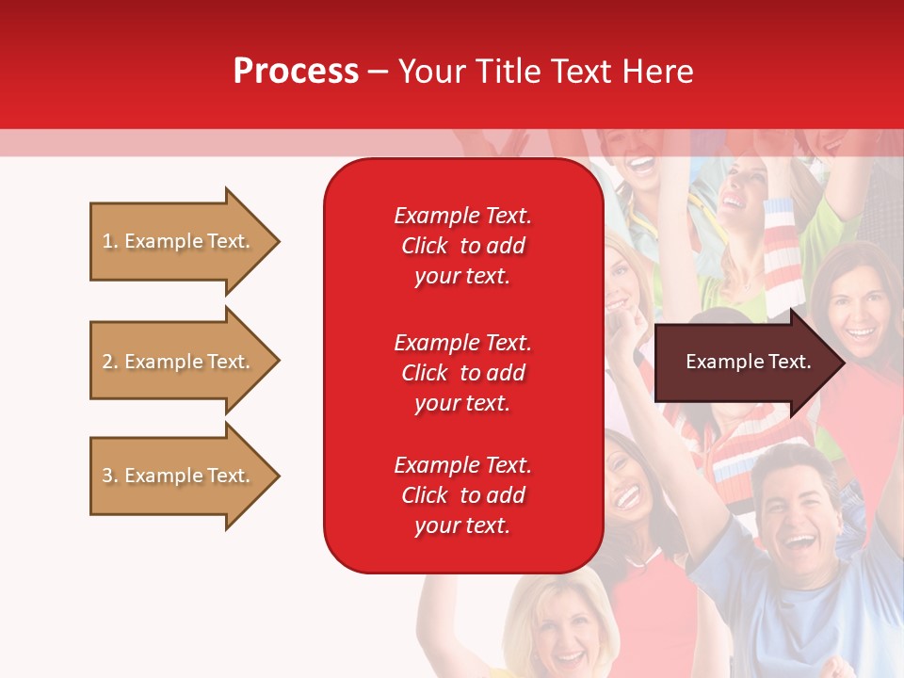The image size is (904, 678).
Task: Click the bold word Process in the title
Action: point(296,72)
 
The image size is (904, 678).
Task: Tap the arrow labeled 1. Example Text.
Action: point(179,241)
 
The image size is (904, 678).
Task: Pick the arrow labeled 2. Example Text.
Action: point(179,362)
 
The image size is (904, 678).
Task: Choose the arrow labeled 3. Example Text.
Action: point(179,476)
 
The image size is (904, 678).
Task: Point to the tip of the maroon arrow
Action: point(844,363)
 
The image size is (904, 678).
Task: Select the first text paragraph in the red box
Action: point(462,246)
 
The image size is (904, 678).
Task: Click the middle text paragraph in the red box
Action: point(462,373)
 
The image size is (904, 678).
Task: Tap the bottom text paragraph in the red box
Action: point(462,495)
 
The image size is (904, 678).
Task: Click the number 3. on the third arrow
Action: point(109,476)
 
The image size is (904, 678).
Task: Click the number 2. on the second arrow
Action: point(109,362)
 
